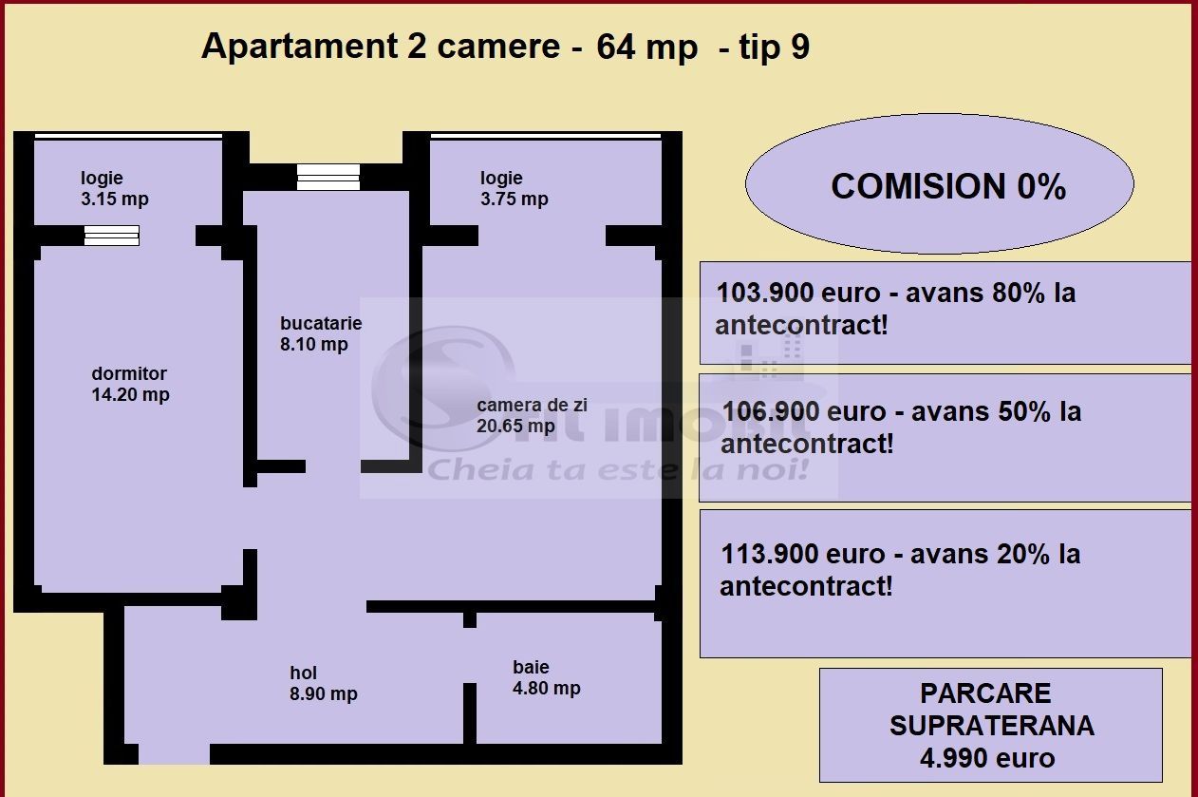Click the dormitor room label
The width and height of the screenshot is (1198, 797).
[130, 384]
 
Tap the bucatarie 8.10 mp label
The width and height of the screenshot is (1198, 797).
[320, 333]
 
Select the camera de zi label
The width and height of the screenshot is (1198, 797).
[532, 415]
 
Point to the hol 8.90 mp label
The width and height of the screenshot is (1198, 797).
[323, 684]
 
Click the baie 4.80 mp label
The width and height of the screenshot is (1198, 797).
[546, 678]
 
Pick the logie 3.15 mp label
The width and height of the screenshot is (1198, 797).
[115, 188]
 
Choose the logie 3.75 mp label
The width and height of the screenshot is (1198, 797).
[514, 188]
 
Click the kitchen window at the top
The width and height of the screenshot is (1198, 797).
[328, 177]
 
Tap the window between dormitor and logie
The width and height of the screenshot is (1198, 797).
[111, 236]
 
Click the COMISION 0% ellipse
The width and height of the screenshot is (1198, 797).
[939, 185]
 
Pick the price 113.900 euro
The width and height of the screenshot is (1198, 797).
[779, 554]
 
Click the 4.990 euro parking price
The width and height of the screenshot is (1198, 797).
[987, 758]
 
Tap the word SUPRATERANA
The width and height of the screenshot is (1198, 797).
[991, 726]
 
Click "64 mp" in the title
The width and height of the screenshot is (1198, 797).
[646, 47]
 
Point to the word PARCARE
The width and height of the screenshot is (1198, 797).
[985, 693]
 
